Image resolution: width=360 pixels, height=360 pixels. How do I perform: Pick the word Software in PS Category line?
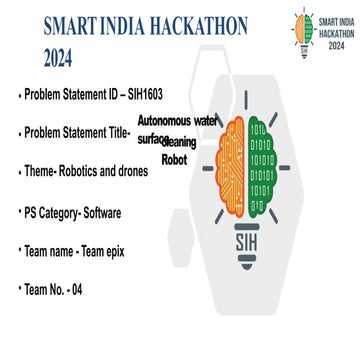click(110, 213)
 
